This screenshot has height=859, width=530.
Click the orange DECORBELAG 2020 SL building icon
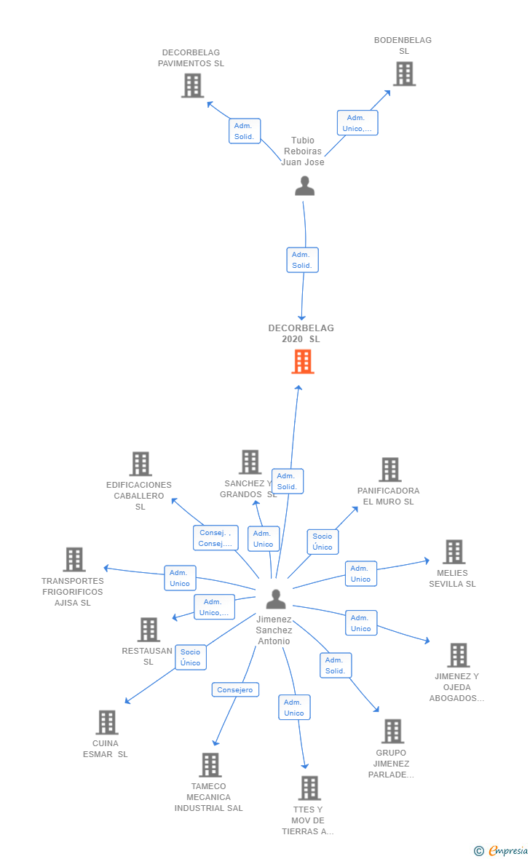[x=303, y=362]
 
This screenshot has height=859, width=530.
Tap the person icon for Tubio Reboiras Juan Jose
[x=305, y=186]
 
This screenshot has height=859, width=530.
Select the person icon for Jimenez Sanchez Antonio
[x=276, y=599]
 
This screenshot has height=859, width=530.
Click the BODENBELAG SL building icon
[x=405, y=74]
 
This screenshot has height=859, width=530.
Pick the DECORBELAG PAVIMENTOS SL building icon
[x=192, y=85]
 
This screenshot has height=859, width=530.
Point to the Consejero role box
[x=235, y=689]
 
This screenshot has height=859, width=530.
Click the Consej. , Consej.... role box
[x=215, y=538]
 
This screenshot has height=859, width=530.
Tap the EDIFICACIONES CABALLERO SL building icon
[x=141, y=464]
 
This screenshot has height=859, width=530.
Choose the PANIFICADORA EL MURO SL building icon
[x=390, y=470]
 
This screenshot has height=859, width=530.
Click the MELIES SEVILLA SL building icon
[x=454, y=552]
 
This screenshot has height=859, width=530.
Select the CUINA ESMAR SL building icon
[x=107, y=722]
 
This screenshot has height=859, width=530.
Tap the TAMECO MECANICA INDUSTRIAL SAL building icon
[x=210, y=765]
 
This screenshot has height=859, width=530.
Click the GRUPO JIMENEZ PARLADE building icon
[x=393, y=731]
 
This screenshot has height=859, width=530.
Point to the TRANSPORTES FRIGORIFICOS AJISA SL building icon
[x=74, y=559]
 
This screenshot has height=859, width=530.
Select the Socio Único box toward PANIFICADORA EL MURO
[x=323, y=542]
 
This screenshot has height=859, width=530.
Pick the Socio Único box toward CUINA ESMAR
[x=191, y=657]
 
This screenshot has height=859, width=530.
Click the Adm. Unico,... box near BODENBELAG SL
[x=357, y=123]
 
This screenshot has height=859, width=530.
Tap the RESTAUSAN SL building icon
[x=149, y=630]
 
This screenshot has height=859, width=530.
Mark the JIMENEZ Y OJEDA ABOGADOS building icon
[x=459, y=654]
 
